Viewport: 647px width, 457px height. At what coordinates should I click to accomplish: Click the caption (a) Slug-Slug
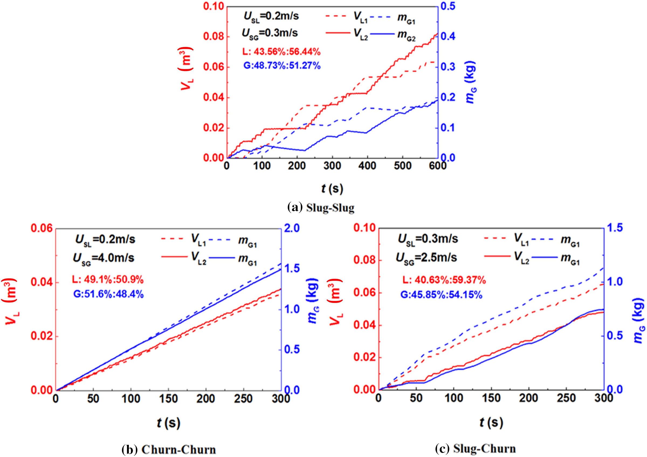[x=321, y=208]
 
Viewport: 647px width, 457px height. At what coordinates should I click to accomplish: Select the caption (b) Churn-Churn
[x=169, y=450]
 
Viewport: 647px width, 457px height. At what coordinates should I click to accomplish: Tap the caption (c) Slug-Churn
[x=475, y=449]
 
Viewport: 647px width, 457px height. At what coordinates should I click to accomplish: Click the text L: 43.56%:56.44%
[x=281, y=52]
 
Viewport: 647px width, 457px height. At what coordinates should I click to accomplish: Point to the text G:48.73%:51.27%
[x=282, y=66]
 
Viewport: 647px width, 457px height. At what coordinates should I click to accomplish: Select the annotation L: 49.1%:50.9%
[x=108, y=280]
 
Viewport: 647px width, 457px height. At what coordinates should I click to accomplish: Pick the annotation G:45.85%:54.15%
[x=441, y=295]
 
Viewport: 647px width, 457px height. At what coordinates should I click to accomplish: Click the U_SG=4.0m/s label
[x=104, y=258]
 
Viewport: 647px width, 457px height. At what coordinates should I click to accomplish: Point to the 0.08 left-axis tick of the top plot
[x=213, y=37]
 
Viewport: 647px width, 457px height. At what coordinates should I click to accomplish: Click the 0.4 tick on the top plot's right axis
[x=448, y=36]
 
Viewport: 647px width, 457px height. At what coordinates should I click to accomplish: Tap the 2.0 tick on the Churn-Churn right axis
[x=292, y=228]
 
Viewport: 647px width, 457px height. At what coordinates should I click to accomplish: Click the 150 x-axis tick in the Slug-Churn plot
[x=491, y=398]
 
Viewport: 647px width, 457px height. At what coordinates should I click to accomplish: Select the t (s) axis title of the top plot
[x=332, y=189]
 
